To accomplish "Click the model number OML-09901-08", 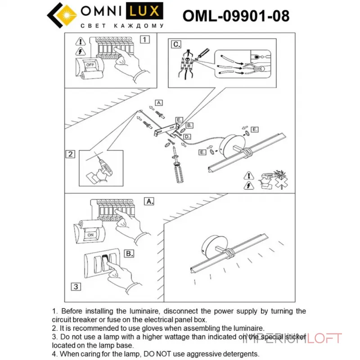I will (x=236, y=15).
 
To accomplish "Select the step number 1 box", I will (x=144, y=39).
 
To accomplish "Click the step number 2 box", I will (x=70, y=154).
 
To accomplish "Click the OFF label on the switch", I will (x=90, y=64).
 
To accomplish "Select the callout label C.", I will (x=176, y=44).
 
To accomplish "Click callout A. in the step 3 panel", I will (x=150, y=202).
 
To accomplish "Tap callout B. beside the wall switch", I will (x=129, y=254).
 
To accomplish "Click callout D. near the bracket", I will (x=188, y=136).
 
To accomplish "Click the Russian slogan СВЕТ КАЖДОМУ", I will (x=121, y=26).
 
